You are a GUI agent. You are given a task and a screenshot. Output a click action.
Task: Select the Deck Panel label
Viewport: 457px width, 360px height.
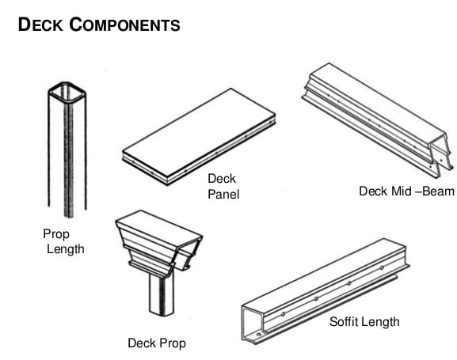(223, 187)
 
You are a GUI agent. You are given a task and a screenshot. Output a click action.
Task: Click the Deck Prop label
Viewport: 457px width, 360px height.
(157, 343)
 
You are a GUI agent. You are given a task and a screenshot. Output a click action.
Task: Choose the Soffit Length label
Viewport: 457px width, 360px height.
(364, 321)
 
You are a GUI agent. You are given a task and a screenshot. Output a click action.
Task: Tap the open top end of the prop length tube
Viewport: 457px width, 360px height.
(65, 92)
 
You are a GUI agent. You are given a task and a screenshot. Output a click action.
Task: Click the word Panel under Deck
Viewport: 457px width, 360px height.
(223, 194)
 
